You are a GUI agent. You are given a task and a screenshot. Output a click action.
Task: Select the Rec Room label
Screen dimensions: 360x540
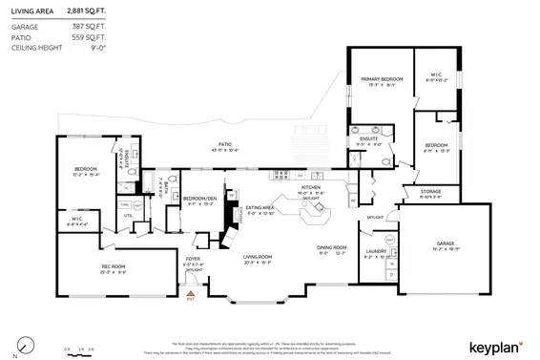coord(114,266)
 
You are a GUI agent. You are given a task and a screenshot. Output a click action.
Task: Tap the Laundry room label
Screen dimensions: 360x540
coord(375,253)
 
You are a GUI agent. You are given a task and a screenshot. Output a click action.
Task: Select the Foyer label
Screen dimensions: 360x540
coord(193,258)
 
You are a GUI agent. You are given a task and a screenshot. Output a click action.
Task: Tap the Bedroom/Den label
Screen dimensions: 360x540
coord(197,199)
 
